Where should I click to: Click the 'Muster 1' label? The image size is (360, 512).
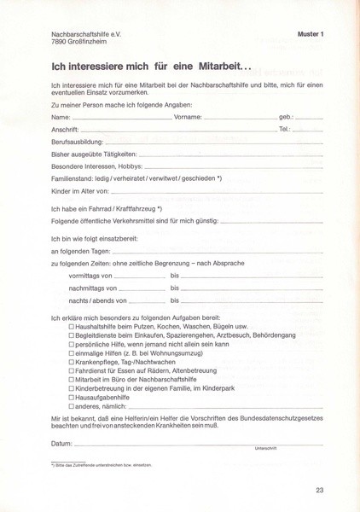point(311,33)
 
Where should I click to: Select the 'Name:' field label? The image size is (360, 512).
point(61,115)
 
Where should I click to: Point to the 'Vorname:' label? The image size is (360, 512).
point(187,115)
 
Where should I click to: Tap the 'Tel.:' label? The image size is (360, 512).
point(285,128)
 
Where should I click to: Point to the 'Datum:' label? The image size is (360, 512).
point(61,444)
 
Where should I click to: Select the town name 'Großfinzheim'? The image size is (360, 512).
point(95,41)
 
